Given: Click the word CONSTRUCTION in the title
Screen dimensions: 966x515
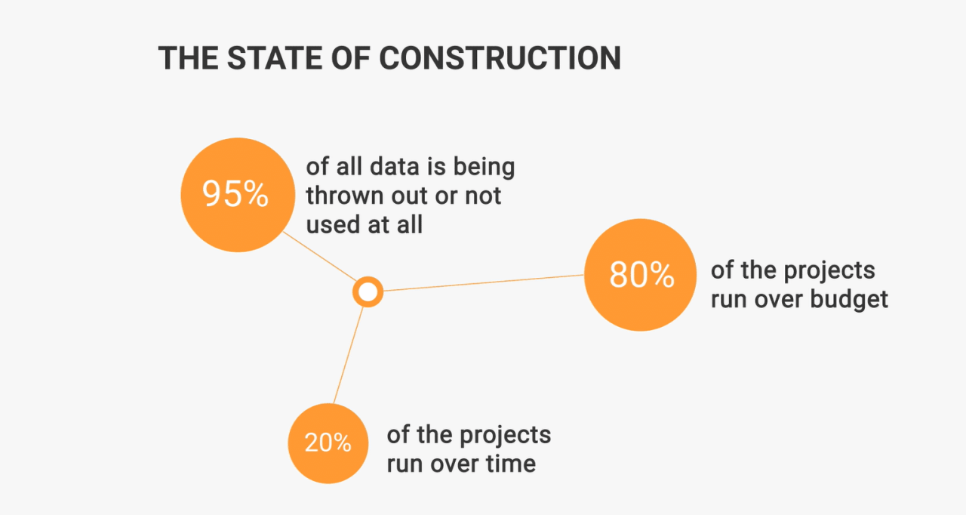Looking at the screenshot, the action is (x=500, y=58).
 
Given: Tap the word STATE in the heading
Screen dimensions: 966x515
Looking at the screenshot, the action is (x=274, y=58).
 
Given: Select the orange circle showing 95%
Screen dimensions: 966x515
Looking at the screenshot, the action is (x=238, y=195).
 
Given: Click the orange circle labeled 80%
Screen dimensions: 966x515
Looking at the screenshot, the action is (x=641, y=275).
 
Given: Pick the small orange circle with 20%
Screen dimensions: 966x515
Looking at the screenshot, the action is (x=328, y=443).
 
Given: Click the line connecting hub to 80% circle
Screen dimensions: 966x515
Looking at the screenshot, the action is (x=484, y=283).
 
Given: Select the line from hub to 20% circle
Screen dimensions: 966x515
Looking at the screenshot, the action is (x=349, y=356).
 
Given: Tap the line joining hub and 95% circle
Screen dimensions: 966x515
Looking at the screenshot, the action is (x=319, y=256).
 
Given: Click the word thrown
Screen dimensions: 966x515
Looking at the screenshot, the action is (x=345, y=196).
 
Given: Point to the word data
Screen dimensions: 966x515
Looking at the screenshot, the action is (x=395, y=166).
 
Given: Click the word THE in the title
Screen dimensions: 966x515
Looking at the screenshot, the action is (x=188, y=58).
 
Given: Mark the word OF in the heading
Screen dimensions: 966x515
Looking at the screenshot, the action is (x=351, y=58).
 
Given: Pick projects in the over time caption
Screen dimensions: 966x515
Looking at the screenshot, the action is (x=506, y=436).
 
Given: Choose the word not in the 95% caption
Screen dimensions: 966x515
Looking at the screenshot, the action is (x=483, y=196).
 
